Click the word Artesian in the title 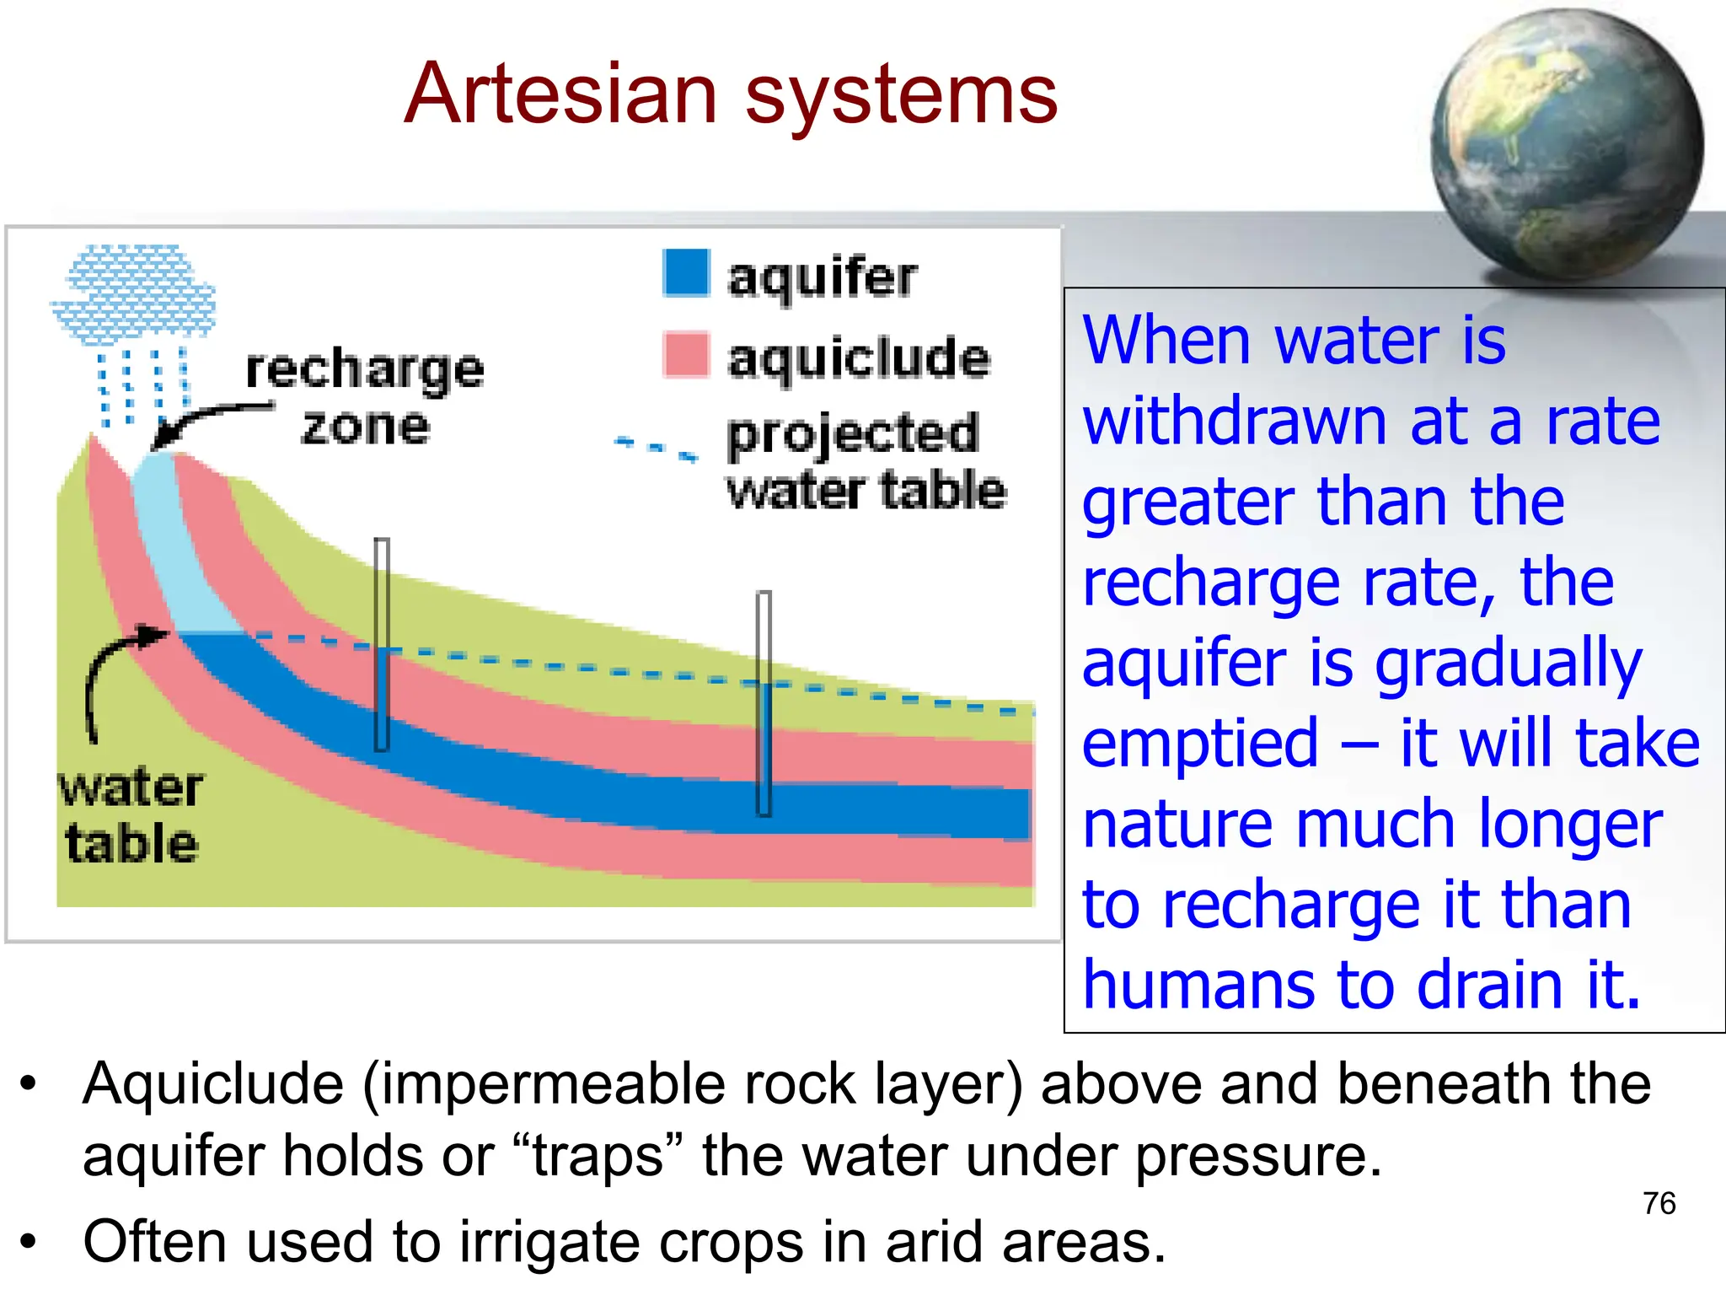[x=560, y=94]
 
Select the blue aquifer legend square [x=686, y=272]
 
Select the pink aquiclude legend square [x=686, y=354]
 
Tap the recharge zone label [x=364, y=396]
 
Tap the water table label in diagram [x=131, y=815]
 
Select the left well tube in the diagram [x=382, y=645]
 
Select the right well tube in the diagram [x=764, y=704]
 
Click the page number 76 [x=1659, y=1203]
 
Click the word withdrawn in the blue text [x=1235, y=422]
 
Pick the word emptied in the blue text [x=1199, y=744]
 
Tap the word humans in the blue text [x=1198, y=985]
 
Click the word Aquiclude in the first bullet [x=213, y=1084]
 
